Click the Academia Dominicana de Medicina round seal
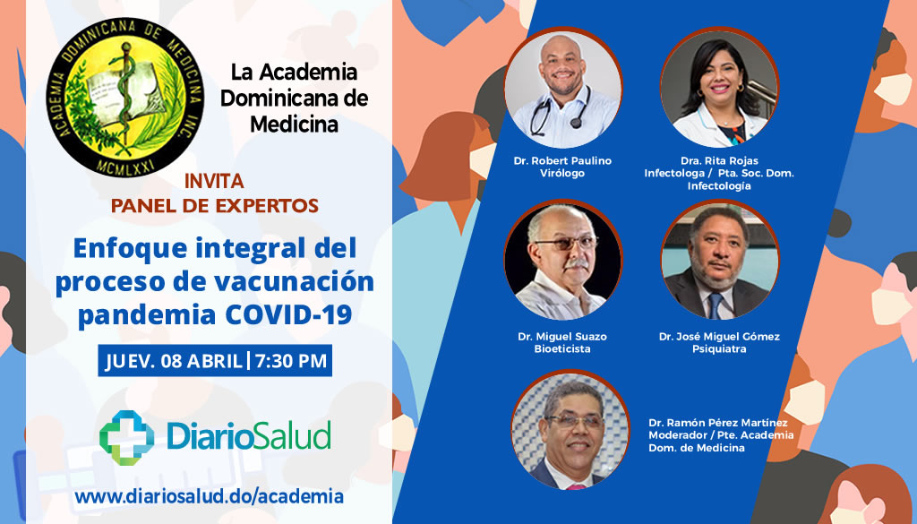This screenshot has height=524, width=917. pos(125,97)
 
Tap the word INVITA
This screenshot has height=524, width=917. pos(214,181)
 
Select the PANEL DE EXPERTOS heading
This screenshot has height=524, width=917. pos(215,206)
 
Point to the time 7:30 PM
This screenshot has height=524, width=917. pos(291,360)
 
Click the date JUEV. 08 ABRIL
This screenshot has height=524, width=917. pos(173,360)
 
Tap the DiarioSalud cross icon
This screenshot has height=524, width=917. pos(127,437)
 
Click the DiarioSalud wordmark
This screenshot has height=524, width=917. pos(249,436)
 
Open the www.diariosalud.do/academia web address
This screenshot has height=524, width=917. pos(209,496)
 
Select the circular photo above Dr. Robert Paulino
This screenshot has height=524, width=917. pos(562,88)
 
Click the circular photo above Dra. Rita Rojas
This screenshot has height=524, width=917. pos(719,88)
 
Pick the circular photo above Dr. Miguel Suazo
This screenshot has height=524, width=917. pos(562,260)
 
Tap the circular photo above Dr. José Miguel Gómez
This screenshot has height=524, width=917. pos(719,260)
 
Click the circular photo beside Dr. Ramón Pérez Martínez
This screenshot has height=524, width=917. pos(570,430)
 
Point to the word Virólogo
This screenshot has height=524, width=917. pos(562,173)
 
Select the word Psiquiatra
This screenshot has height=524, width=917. pos(719,349)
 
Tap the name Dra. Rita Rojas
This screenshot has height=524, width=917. pos(719,160)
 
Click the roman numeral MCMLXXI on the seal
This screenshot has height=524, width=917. pos(125,163)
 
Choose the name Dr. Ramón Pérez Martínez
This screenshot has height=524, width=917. pos(718,422)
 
